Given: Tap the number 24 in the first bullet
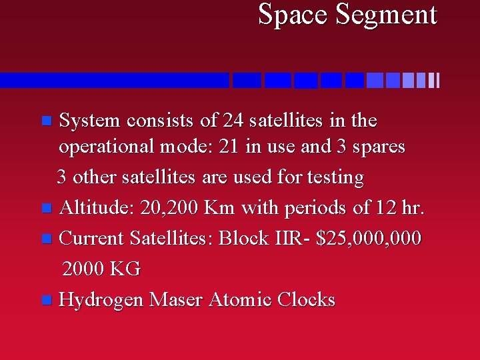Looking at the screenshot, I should pyautogui.click(x=234, y=121).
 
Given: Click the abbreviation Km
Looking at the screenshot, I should pyautogui.click(x=220, y=208).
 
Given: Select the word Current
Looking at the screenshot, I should pyautogui.click(x=92, y=238).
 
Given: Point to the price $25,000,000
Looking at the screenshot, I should pyautogui.click(x=369, y=238).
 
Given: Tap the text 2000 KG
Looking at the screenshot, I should pyautogui.click(x=101, y=269).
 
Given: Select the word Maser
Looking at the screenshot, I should pyautogui.click(x=176, y=299).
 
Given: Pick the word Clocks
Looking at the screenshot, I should pyautogui.click(x=306, y=299).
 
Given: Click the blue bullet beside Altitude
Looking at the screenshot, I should pyautogui.click(x=45, y=209).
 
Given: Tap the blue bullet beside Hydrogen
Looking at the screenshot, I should pyautogui.click(x=45, y=301).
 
